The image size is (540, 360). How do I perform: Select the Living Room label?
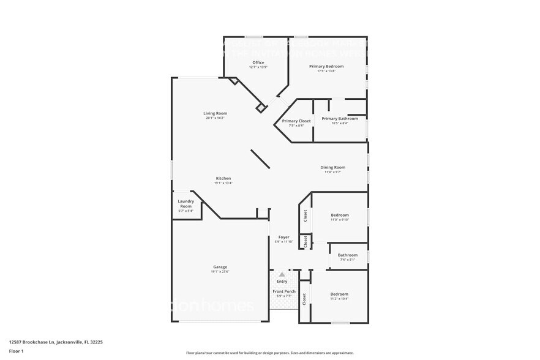(x=216, y=113)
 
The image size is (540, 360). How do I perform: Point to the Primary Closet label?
(x=296, y=121)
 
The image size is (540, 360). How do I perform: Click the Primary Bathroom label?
(x=340, y=118)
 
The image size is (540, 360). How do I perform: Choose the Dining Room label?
(x=333, y=167)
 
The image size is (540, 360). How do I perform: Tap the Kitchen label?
(x=223, y=178)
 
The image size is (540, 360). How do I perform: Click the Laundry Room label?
(x=186, y=204)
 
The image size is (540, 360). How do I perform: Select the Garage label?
(x=220, y=267)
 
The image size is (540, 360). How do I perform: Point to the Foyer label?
(x=284, y=237)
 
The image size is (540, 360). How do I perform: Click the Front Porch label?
(x=284, y=291)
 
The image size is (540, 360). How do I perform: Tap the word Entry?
(x=282, y=281)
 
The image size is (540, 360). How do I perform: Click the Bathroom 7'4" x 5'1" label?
(x=348, y=255)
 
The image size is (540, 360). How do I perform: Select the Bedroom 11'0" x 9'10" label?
(x=340, y=215)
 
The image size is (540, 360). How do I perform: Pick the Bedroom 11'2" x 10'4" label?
(x=339, y=294)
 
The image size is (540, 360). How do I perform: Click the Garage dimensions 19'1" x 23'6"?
(x=220, y=272)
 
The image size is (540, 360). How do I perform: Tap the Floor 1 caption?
(x=17, y=351)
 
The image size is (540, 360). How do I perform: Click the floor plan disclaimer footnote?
(x=270, y=353)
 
